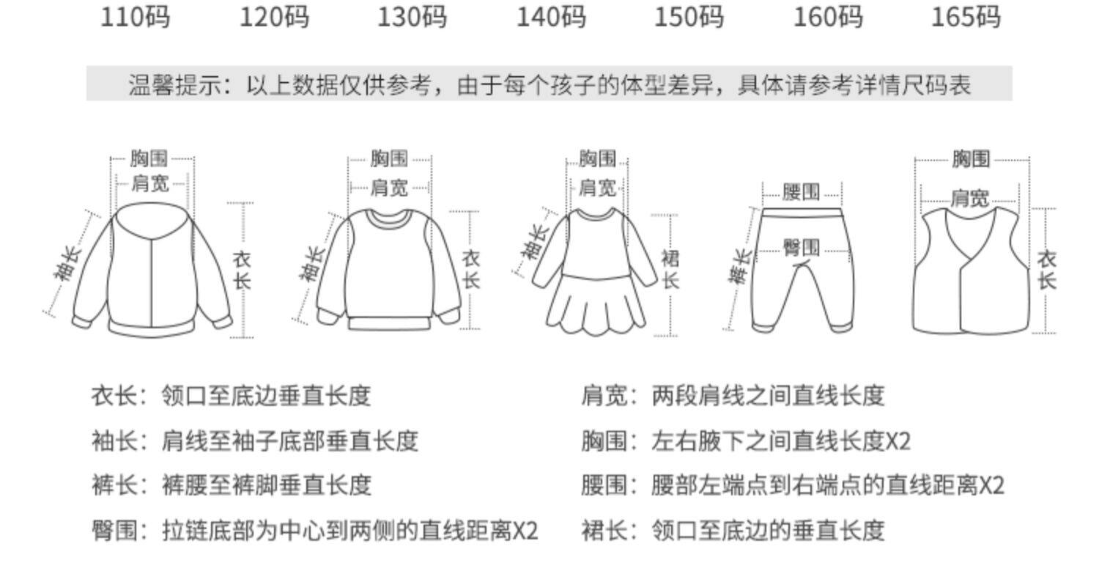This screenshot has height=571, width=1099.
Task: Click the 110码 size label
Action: [135, 16]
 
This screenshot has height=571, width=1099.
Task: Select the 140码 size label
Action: [551, 16]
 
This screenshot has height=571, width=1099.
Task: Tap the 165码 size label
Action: [965, 16]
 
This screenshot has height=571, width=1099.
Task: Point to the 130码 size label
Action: [412, 16]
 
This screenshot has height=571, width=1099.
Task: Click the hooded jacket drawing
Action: [152, 271]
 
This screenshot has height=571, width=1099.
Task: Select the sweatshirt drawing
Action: [388, 271]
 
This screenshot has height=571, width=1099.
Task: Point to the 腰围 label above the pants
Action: [801, 193]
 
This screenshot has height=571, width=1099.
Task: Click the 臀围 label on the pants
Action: [801, 248]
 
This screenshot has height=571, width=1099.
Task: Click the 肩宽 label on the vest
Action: [969, 198]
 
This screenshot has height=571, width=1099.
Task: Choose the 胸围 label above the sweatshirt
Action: [389, 158]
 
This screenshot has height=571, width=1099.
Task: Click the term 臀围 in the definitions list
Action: [114, 529]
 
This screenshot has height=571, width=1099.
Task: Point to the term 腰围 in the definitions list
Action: [604, 485]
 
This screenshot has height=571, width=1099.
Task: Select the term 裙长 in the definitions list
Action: [604, 529]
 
